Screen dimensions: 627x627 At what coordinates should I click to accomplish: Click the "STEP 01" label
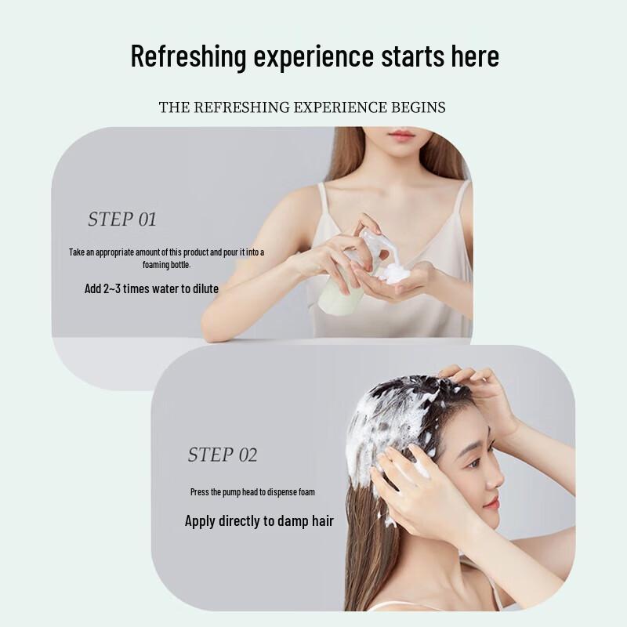point(122,219)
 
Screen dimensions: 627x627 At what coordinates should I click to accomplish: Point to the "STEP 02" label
point(223,455)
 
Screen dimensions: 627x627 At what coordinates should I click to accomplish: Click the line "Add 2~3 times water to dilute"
point(151,288)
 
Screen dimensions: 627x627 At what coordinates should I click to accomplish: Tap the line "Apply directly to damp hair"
point(259,520)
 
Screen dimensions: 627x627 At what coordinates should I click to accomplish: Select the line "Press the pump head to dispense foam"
point(253,492)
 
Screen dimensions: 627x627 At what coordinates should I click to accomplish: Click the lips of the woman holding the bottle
point(400,136)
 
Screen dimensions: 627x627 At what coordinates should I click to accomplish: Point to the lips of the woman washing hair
point(491,502)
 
